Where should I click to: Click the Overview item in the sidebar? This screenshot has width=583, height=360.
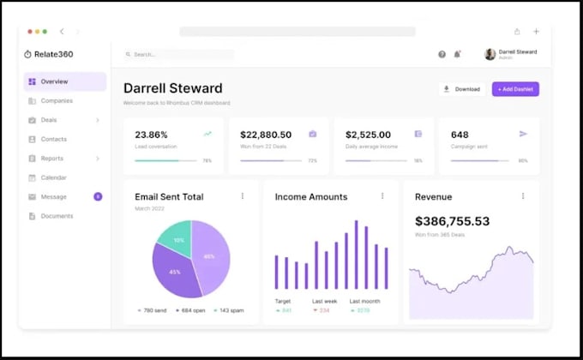coord(54,81)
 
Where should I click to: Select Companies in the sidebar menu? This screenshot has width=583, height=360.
coord(57,100)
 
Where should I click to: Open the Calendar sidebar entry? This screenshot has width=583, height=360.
coord(53,177)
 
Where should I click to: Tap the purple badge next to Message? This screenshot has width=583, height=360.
coord(98,196)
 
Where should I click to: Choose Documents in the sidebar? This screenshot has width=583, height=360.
coord(57,216)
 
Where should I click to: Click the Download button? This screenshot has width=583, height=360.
coord(461,89)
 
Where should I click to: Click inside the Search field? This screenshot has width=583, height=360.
coord(178,54)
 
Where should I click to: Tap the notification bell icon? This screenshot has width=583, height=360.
coord(457,54)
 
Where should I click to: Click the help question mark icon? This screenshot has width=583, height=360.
coord(442,54)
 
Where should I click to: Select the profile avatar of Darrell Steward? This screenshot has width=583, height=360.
coord(490,54)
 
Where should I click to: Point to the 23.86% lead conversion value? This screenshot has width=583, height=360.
coord(152,135)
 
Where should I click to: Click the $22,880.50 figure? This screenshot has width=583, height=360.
coord(266,135)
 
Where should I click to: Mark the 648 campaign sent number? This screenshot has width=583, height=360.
coord(460,135)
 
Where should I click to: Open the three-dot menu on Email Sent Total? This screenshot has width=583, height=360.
coord(243,196)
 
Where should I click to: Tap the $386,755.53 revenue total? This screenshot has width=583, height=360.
coord(452,221)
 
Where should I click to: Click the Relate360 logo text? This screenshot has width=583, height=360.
coord(54,54)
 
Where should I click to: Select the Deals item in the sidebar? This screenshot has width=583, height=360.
coord(49,120)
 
